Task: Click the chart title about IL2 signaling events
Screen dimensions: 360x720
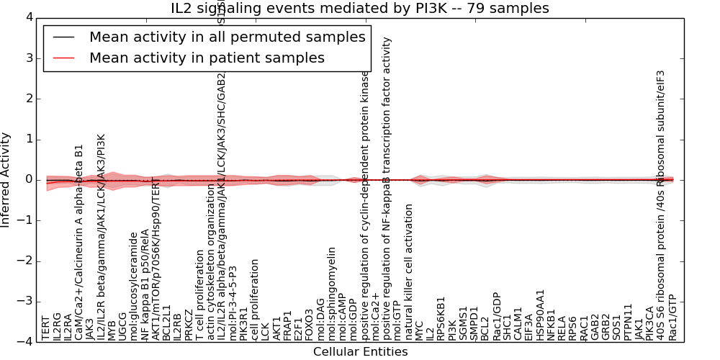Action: pyautogui.click(x=360, y=8)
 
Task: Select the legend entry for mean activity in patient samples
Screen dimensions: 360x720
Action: pyautogui.click(x=207, y=58)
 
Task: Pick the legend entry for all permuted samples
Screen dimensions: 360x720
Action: pyautogui.click(x=227, y=37)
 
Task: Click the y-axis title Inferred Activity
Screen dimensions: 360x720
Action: pyautogui.click(x=6, y=179)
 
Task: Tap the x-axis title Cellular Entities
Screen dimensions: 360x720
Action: pyautogui.click(x=360, y=352)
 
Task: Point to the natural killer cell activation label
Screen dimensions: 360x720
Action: pyautogui.click(x=408, y=271)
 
